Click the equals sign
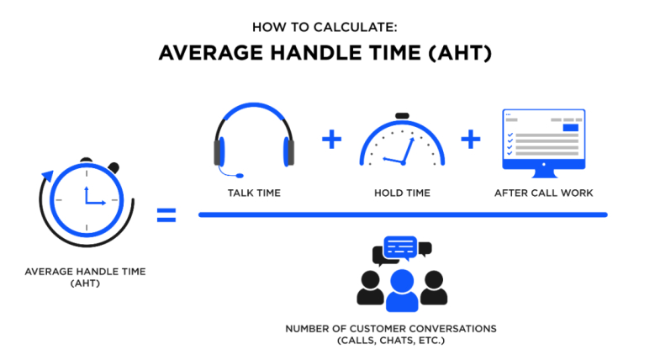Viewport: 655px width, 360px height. pos(166,215)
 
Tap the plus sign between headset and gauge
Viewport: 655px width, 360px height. pos(331,140)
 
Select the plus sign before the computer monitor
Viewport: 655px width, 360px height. pos(471,140)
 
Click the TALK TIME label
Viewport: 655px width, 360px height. pos(254,193)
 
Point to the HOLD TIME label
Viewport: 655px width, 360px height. pos(402,193)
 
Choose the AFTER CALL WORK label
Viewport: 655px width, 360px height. pos(543,193)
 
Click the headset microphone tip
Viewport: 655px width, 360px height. pos(240,176)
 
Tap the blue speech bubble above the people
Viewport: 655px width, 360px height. pos(400,247)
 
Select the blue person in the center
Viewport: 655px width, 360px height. pos(402,290)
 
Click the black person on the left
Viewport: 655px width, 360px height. pos(370,288)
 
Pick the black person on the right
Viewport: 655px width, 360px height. pos(434,288)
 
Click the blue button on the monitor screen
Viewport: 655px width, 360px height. pos(571,128)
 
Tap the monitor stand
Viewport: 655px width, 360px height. pos(544,173)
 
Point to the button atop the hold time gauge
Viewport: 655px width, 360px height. pos(402,116)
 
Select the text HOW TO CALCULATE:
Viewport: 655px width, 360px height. pos(325,28)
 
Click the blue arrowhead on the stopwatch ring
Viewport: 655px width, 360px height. pos(47,176)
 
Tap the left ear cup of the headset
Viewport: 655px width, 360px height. pos(219,151)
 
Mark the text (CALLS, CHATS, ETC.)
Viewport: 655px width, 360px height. pos(391,341)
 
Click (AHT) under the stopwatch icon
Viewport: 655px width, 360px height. pos(85,283)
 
